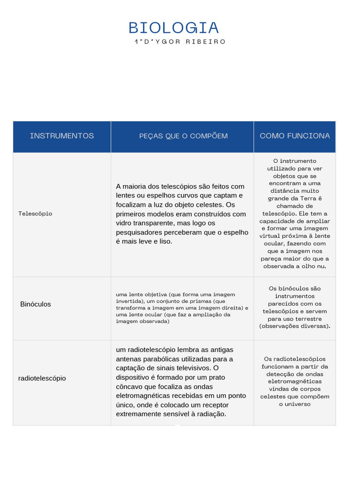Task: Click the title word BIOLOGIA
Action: click(x=174, y=28)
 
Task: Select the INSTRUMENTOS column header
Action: click(x=62, y=136)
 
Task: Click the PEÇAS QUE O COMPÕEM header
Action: click(x=183, y=136)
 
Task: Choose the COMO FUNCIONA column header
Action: click(x=295, y=136)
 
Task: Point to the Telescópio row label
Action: click(x=35, y=214)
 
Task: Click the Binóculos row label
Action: click(x=36, y=304)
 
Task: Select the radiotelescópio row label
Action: click(x=42, y=378)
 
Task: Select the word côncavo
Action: click(x=129, y=387)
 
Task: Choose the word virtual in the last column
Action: click(x=270, y=236)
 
